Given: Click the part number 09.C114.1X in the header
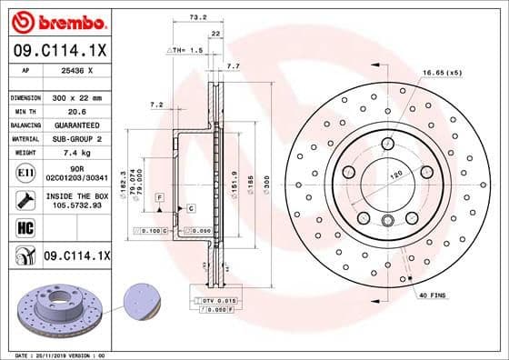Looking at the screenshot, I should point(59,51).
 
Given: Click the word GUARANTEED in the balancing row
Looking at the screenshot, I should point(76,125).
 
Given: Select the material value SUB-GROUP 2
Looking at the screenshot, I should point(76,138).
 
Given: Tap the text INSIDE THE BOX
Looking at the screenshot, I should point(76,195).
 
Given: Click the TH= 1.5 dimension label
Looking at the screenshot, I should point(185,50).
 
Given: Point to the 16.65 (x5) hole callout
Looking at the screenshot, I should point(441,72).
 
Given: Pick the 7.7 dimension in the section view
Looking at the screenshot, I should point(233,66).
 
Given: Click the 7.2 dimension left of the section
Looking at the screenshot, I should point(155,105).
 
